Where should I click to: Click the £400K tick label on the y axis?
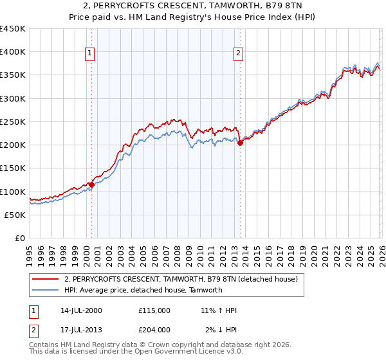13,52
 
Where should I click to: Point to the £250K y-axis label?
13,122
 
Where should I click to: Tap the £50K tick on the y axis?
15,215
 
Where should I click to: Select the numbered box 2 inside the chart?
239,53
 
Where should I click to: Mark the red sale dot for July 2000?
91,184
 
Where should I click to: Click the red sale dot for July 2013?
240,143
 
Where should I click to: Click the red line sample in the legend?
46,280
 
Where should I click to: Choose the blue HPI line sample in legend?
46,290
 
